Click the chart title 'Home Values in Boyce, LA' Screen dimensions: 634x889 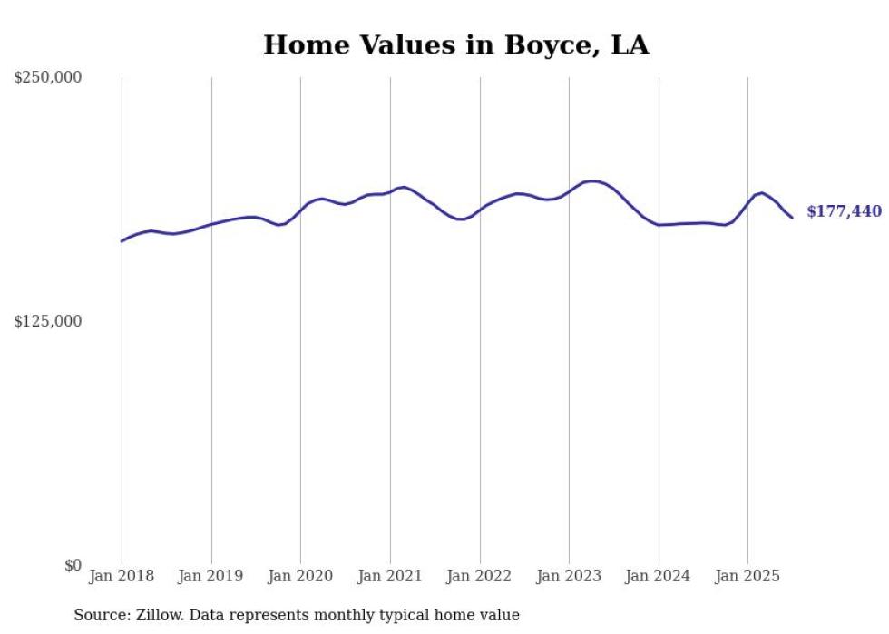(x=456, y=44)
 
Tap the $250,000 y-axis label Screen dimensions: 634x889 (x=47, y=78)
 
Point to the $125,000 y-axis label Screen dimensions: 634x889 (x=47, y=321)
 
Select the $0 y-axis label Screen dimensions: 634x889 (x=73, y=565)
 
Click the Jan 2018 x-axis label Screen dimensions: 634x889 (x=122, y=576)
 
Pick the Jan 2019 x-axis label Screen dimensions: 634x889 (x=211, y=576)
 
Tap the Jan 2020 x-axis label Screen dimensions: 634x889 (x=301, y=576)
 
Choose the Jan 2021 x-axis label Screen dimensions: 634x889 (x=390, y=576)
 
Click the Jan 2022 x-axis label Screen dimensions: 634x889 (x=480, y=576)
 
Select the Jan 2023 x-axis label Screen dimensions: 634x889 (x=569, y=576)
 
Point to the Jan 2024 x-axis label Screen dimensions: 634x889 (x=659, y=576)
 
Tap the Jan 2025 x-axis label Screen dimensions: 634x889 (x=747, y=576)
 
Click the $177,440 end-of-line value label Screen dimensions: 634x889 (x=844, y=211)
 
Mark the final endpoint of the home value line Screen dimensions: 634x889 (x=792, y=218)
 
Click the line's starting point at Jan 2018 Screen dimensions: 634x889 (x=122, y=241)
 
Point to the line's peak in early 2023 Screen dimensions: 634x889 (x=591, y=181)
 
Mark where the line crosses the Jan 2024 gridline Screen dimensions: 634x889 (x=659, y=224)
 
